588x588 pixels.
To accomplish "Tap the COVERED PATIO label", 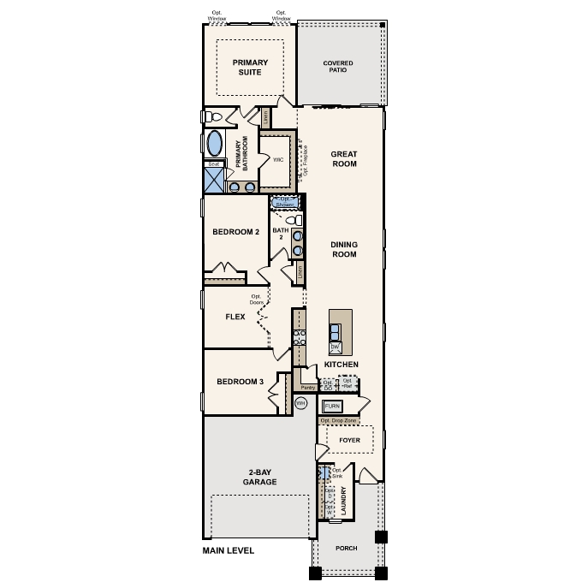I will coord(338,67).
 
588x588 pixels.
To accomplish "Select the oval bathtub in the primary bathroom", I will coord(215,143).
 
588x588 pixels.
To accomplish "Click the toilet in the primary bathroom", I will coord(214,116).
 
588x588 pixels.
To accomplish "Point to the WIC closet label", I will coord(278,159).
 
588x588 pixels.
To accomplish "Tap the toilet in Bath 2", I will coord(294,221).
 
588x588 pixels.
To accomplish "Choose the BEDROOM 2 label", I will coord(236,231).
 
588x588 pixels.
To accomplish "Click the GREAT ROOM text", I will coord(343,158).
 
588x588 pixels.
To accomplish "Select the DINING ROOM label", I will coord(343,249).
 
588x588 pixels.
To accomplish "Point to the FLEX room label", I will coord(235,317).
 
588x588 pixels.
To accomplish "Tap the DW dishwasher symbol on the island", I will coord(336,347).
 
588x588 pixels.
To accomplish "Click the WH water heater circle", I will coord(300,402).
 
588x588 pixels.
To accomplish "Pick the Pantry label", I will coord(308,387).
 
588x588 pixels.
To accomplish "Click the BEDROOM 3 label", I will coord(239,382).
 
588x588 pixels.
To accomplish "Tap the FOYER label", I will coord(349,441).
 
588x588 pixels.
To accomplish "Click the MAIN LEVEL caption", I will coord(229,550).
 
